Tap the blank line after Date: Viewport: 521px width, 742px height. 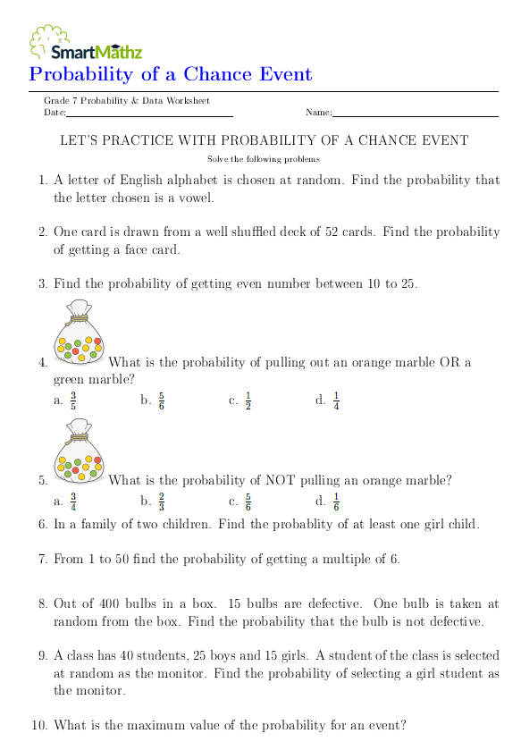click(x=149, y=115)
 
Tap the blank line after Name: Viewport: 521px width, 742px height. click(x=415, y=115)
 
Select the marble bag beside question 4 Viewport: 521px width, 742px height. click(x=79, y=333)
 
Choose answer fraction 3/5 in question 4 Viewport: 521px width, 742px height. click(x=73, y=401)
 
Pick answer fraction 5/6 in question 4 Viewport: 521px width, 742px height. click(x=161, y=401)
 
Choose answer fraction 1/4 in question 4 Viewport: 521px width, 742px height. click(x=336, y=401)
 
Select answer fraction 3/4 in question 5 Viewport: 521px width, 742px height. click(x=73, y=502)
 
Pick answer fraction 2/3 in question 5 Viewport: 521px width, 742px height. click(x=161, y=502)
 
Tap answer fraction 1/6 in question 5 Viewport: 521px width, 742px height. click(x=336, y=502)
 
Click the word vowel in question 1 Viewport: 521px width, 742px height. click(x=196, y=198)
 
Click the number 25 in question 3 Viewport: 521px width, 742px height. click(x=407, y=283)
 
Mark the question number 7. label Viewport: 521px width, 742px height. click(x=43, y=560)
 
